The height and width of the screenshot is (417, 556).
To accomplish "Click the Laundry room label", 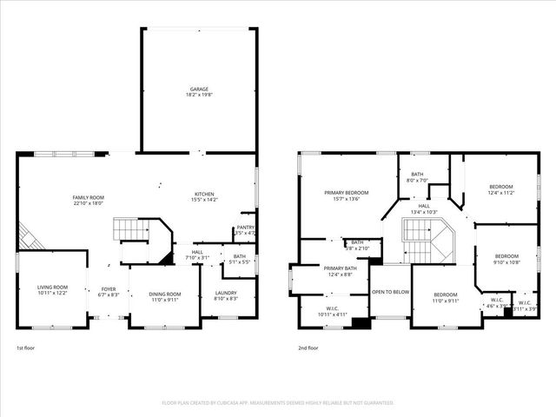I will click(x=225, y=294).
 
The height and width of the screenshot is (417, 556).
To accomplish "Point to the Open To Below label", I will click(x=390, y=292).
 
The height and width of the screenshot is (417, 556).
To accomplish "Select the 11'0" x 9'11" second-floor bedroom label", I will click(x=446, y=298).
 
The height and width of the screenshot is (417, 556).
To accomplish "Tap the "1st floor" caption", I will click(x=26, y=347).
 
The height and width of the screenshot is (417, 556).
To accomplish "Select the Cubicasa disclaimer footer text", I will click(x=278, y=403).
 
